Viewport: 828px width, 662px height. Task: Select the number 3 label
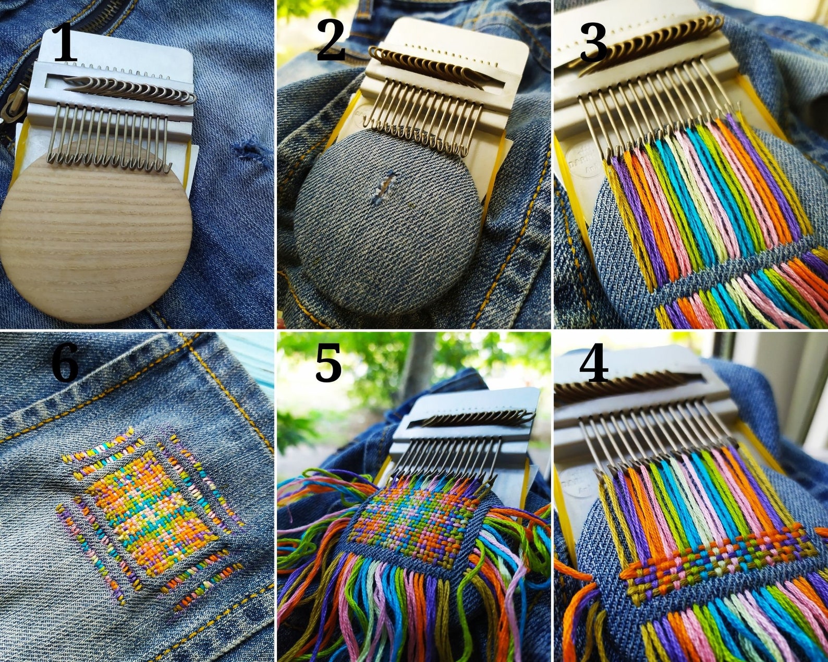point(593,43)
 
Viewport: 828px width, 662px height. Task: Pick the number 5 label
point(328,363)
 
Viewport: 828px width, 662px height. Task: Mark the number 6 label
point(65,363)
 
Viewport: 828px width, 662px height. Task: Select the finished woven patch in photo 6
point(151,513)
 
